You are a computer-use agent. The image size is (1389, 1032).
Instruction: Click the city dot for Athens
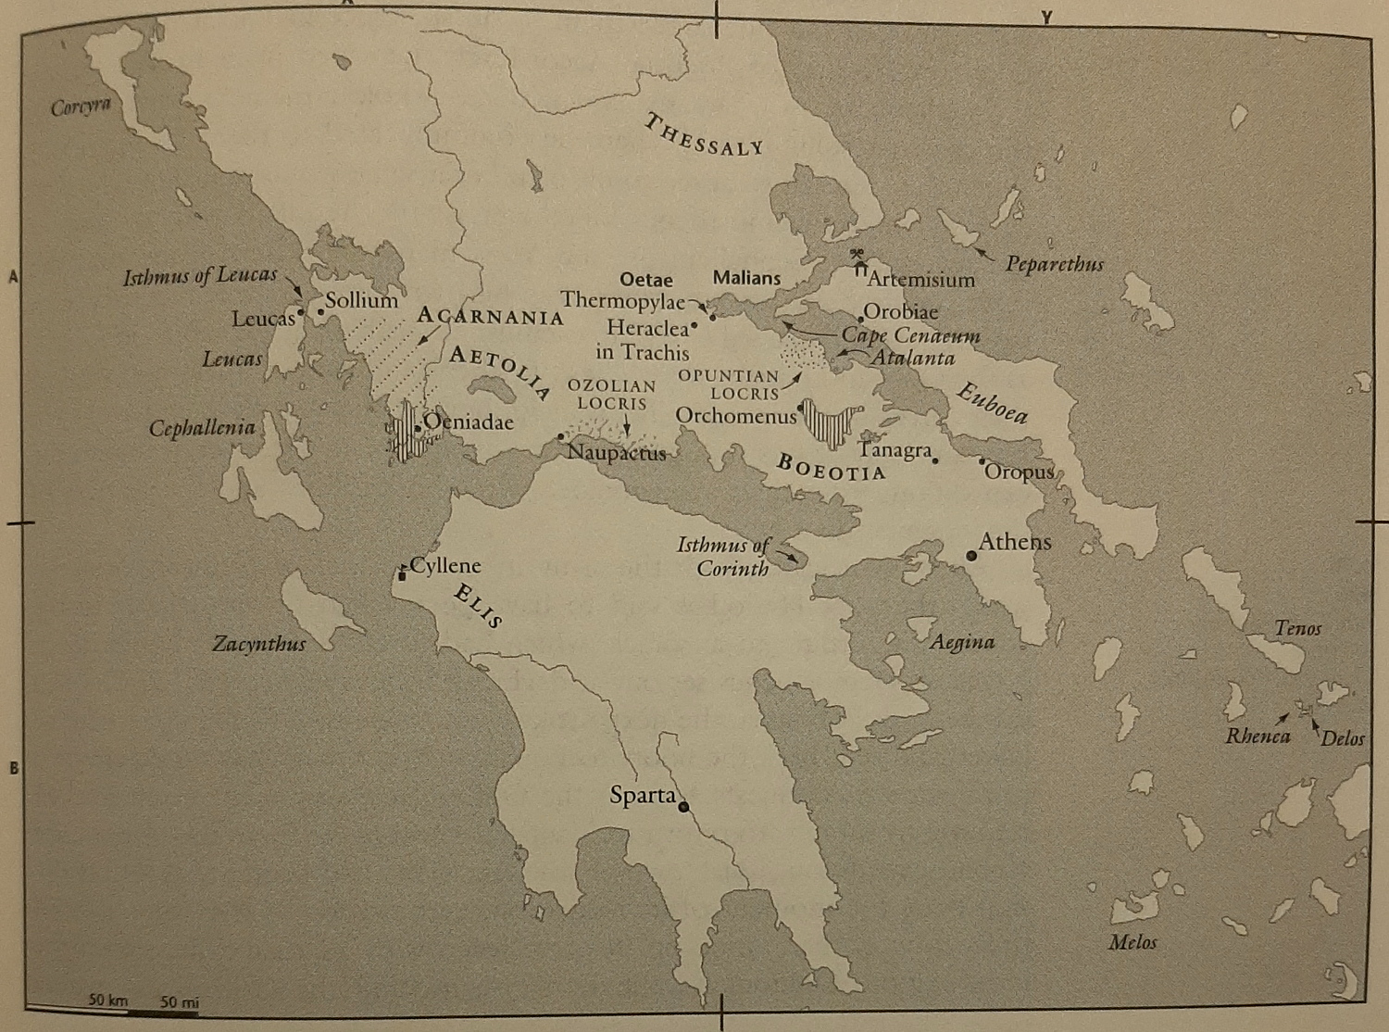(x=970, y=555)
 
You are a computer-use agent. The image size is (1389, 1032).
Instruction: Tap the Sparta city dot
(x=683, y=807)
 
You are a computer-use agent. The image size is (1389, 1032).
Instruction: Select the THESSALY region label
(x=705, y=135)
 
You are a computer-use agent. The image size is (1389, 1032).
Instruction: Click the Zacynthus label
(x=258, y=644)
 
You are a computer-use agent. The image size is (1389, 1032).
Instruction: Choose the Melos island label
(x=1132, y=942)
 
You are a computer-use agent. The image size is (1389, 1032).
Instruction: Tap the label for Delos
(x=1343, y=738)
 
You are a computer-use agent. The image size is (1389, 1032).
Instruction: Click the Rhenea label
(x=1258, y=736)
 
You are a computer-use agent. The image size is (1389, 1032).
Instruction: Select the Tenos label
(x=1297, y=629)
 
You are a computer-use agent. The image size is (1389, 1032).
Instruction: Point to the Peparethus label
(x=1054, y=264)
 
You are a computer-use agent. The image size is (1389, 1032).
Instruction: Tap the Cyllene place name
(x=445, y=565)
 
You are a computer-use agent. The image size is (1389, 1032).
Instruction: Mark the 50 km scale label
(x=108, y=1001)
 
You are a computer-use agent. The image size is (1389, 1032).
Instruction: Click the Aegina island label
(x=962, y=641)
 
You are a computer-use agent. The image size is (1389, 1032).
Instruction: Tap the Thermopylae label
(x=622, y=301)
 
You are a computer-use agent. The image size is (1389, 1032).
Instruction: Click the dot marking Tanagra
(x=935, y=460)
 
